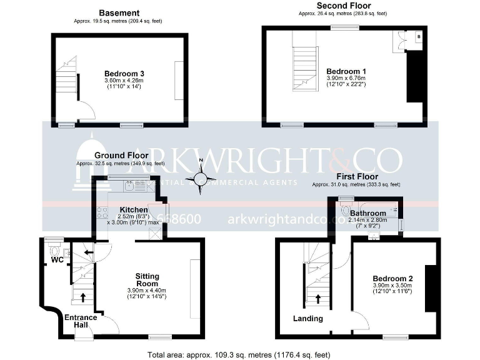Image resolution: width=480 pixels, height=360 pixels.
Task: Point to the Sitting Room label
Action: coord(147,280)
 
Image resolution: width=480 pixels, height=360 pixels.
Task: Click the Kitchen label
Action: coord(134,209)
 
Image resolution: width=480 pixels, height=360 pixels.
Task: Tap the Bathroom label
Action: coord(367,213)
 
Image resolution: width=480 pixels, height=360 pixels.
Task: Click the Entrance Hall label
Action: coord(81,321)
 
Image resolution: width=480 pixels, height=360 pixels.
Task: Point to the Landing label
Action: coord(308,319)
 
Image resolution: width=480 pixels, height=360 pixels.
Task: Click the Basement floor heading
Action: coord(119,12)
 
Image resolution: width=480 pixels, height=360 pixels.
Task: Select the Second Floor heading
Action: coord(342,6)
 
